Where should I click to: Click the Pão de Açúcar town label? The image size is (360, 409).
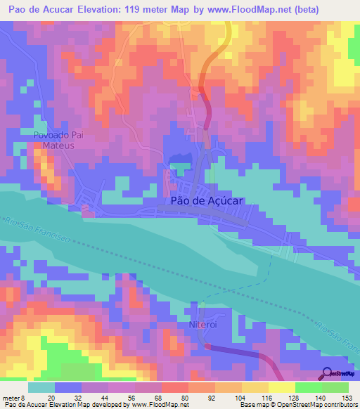point(207,200)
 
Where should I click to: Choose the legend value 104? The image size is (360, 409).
point(238,398)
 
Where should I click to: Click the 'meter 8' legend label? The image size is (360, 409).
point(13,398)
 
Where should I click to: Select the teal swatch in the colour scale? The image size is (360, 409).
point(41,387)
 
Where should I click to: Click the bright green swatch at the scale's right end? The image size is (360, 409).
point(335,387)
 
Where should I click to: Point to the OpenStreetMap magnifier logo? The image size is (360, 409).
point(328,374)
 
